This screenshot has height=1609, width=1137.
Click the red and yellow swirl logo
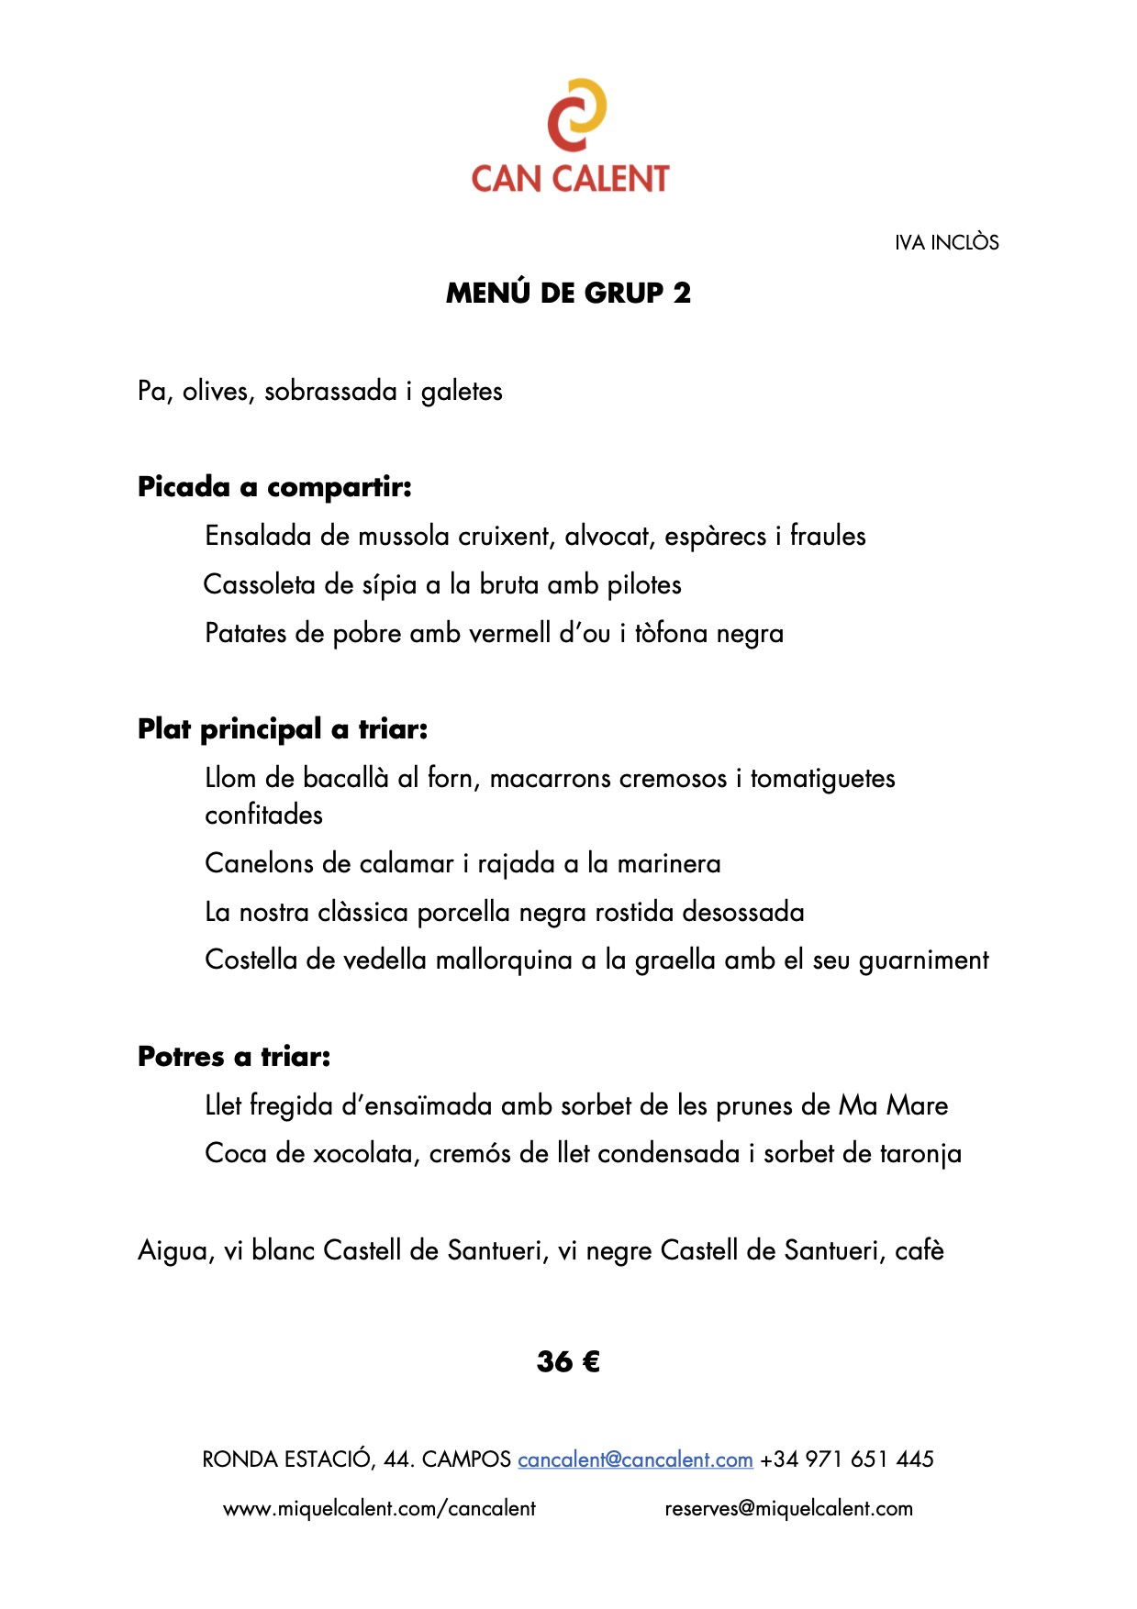576,115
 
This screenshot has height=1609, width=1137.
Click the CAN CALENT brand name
570,178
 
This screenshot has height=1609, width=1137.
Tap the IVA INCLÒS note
946,242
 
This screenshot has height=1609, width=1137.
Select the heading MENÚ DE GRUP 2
568,293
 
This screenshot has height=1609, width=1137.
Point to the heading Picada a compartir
274,487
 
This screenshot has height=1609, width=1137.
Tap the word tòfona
671,633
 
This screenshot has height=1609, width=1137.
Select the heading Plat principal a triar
283,729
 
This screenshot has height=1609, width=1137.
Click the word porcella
463,912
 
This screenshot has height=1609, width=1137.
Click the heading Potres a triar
234,1057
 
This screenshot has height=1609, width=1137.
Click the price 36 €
568,1361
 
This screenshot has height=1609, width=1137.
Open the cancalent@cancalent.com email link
635,1459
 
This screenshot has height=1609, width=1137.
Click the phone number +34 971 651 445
847,1459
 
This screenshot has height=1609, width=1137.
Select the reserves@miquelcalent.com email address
788,1509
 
